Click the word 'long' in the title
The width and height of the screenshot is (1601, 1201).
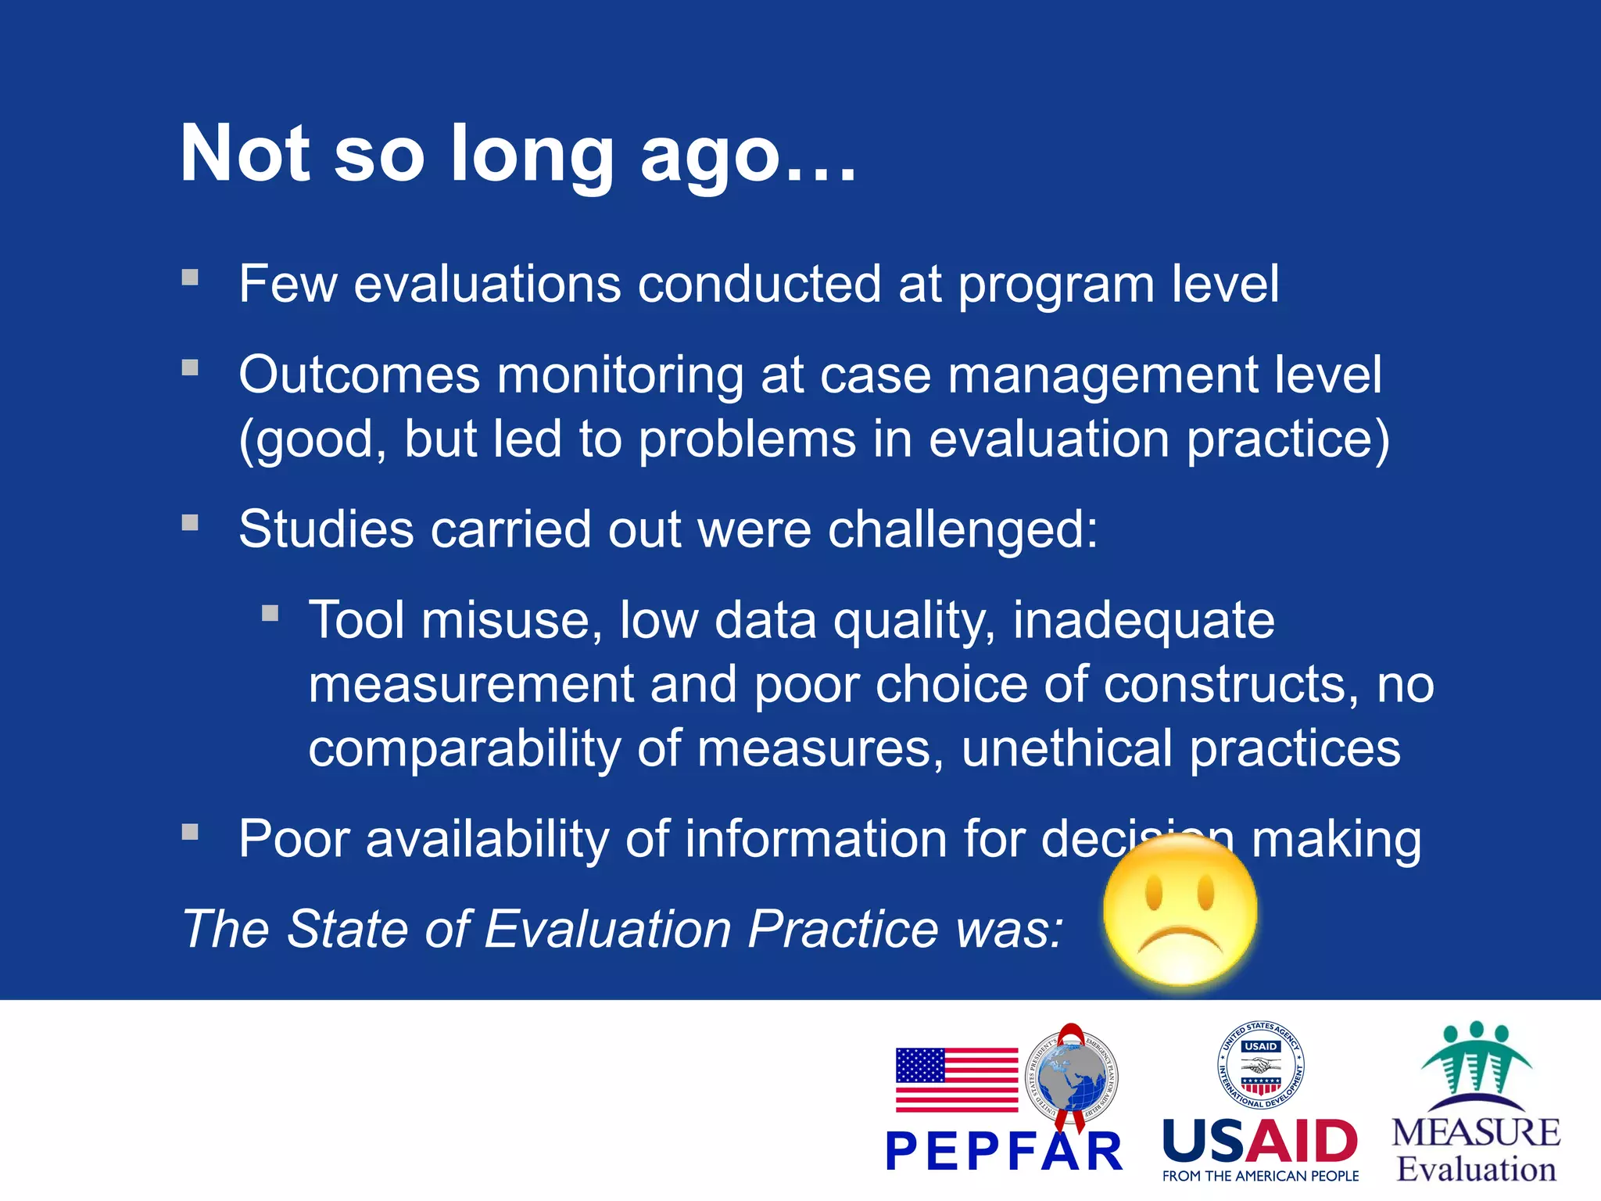pyautogui.click(x=532, y=156)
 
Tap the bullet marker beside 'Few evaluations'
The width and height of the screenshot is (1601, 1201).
pyautogui.click(x=190, y=278)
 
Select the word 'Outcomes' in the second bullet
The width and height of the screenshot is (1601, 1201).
pyautogui.click(x=359, y=375)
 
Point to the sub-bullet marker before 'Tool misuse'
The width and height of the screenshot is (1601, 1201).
pyautogui.click(x=270, y=613)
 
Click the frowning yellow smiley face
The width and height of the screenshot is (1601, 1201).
pyautogui.click(x=1180, y=911)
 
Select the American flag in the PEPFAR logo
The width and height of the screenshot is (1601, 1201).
pyautogui.click(x=956, y=1080)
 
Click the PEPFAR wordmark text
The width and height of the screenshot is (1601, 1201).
pyautogui.click(x=1004, y=1152)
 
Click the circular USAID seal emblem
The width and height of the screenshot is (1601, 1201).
pyautogui.click(x=1260, y=1065)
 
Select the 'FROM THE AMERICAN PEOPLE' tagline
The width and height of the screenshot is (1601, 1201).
pyautogui.click(x=1260, y=1176)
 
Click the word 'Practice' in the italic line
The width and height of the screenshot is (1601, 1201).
pyautogui.click(x=843, y=929)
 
